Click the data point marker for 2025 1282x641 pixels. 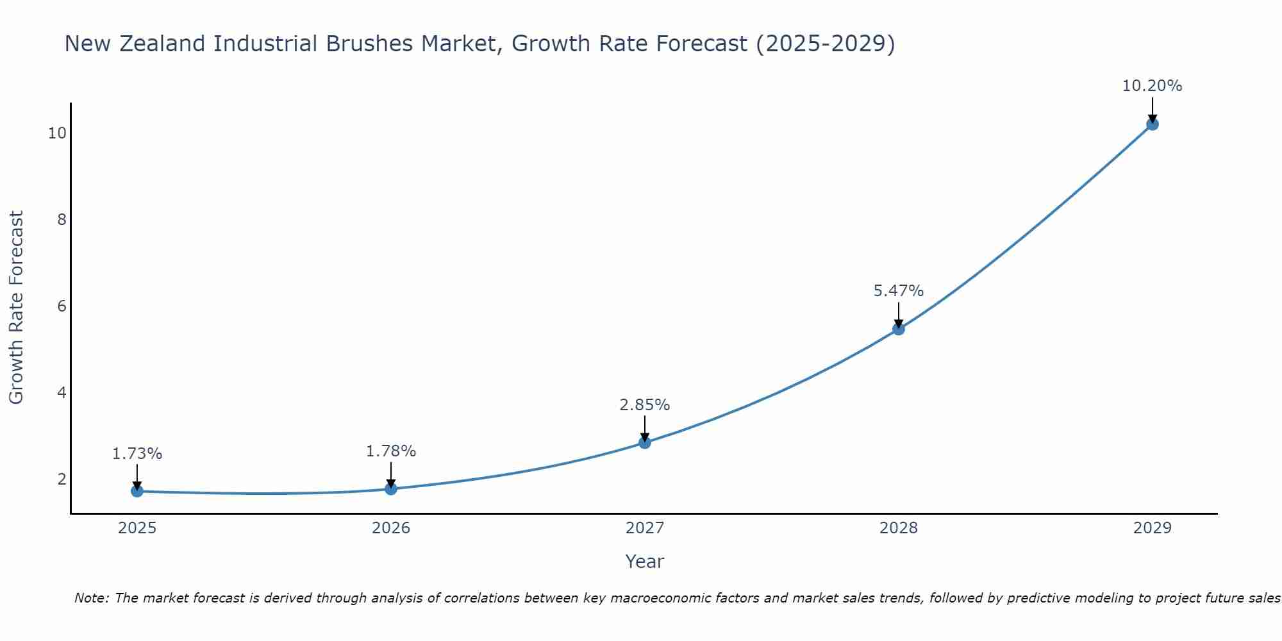point(137,491)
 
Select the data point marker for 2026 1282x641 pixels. point(391,489)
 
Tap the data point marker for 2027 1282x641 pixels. point(645,442)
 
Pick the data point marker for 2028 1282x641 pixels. point(899,329)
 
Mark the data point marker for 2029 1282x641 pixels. point(1152,124)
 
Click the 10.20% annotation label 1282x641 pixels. point(1152,86)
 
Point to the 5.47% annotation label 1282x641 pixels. point(899,291)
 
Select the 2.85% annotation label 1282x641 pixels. point(645,405)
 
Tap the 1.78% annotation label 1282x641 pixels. point(391,451)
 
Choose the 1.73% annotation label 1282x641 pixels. point(137,454)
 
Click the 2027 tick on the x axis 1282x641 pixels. point(645,528)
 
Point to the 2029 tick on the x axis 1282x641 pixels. point(1152,528)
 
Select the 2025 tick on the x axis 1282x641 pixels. point(137,528)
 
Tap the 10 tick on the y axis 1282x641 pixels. point(57,133)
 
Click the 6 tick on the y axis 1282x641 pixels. point(62,306)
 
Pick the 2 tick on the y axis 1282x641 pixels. point(62,479)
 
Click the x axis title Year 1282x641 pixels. point(645,562)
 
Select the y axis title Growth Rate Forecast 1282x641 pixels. point(17,308)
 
